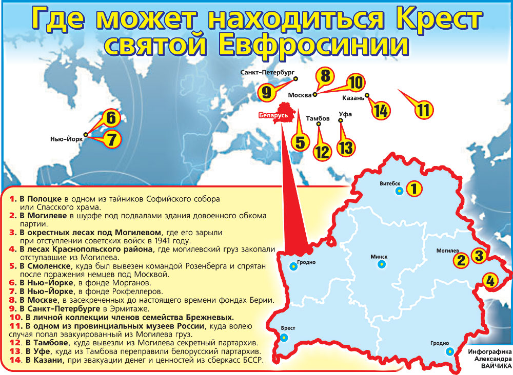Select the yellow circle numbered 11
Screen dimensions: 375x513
click(x=423, y=110)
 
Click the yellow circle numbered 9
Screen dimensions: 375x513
click(x=266, y=92)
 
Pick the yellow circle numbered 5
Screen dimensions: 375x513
click(x=300, y=141)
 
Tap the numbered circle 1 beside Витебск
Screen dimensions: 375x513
click(x=415, y=189)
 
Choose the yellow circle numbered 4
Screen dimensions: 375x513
click(x=490, y=280)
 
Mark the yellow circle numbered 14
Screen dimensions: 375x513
click(x=380, y=111)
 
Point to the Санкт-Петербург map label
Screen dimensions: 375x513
click(x=267, y=73)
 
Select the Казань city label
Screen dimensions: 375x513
click(x=353, y=96)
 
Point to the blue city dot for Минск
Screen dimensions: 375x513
click(x=381, y=264)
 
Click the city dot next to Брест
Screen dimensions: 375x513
click(x=283, y=338)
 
